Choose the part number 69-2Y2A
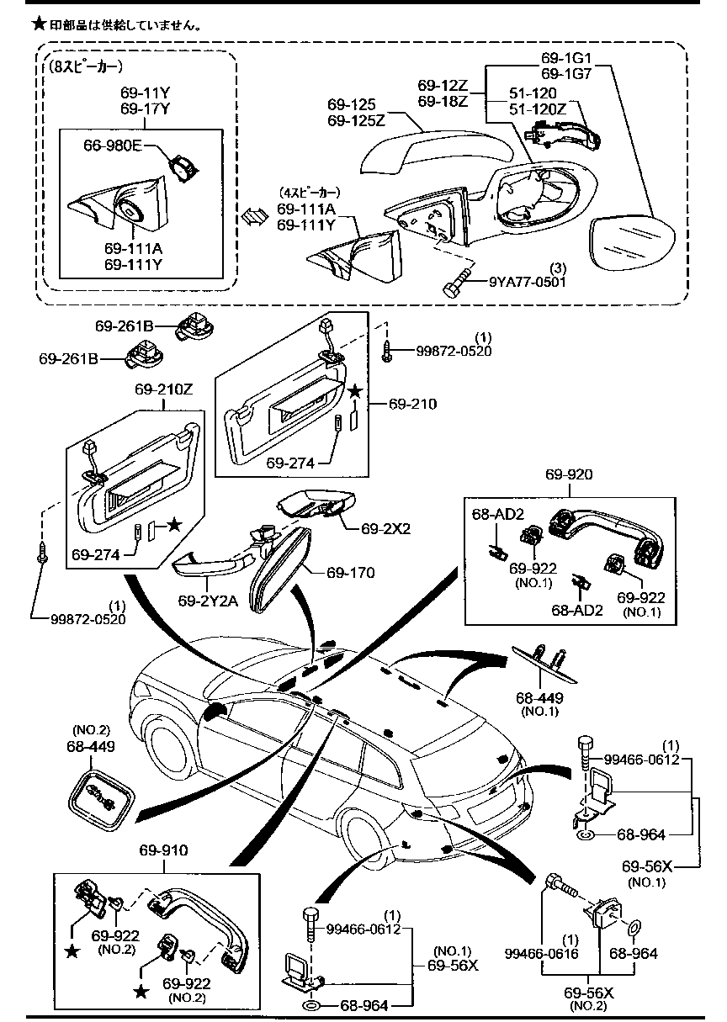[x=207, y=601]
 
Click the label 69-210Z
[x=164, y=390]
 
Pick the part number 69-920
[x=569, y=475]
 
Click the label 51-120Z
[x=539, y=109]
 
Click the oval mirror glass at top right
[x=633, y=243]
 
